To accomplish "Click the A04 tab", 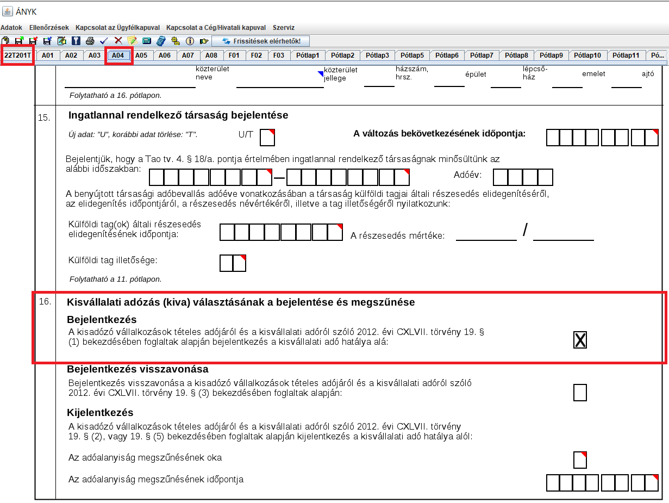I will click(x=119, y=55).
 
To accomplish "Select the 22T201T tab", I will click(x=17, y=55).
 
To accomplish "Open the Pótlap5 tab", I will click(x=412, y=55).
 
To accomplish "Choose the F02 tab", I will click(x=257, y=55).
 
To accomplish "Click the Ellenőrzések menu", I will click(x=49, y=27).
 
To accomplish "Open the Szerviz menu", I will click(x=283, y=27).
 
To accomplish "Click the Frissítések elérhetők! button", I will click(x=260, y=41).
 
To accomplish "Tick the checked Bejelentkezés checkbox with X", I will click(x=580, y=340).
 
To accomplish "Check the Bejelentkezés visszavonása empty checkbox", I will click(x=580, y=392).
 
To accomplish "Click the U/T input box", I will click(x=267, y=137).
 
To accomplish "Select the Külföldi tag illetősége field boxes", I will click(x=233, y=263).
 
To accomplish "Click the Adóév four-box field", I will click(x=523, y=177).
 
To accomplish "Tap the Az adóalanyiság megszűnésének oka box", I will click(x=580, y=459).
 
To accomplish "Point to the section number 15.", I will click(x=45, y=117).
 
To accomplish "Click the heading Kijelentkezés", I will click(x=100, y=412).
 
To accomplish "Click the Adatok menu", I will click(x=11, y=27).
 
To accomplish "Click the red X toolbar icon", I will click(x=118, y=41).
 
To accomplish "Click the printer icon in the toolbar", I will click(x=90, y=41).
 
